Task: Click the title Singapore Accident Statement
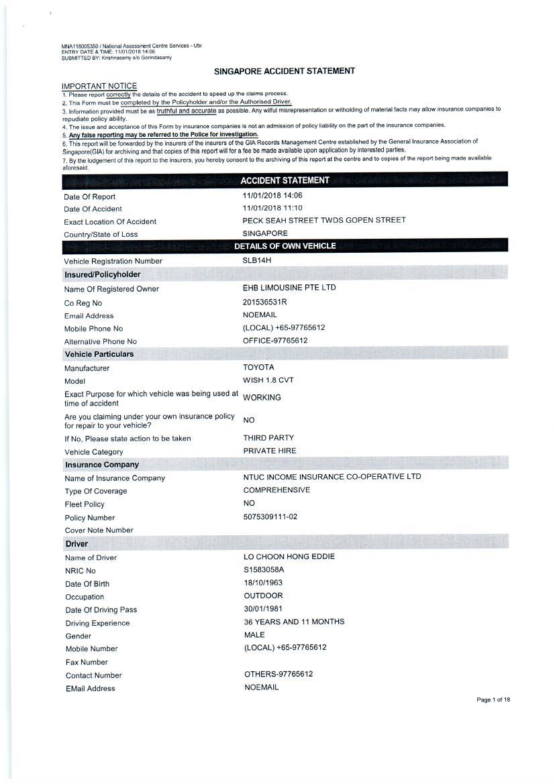tap(285, 71)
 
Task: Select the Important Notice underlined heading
tap(99, 86)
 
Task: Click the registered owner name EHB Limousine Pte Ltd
tap(289, 288)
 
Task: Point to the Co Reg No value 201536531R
tap(264, 302)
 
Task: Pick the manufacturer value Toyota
tap(258, 368)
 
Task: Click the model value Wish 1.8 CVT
tap(268, 380)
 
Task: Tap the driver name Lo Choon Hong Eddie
tap(289, 557)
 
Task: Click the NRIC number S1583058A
tap(264, 570)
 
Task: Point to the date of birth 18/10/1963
tap(263, 583)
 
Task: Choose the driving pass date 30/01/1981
tap(263, 609)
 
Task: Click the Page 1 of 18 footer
tap(493, 700)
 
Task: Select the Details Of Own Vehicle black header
tap(285, 246)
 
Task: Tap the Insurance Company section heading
tap(102, 464)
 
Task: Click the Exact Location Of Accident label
tap(110, 221)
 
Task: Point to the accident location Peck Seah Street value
tap(324, 220)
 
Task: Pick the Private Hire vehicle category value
tap(270, 451)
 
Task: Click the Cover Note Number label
tap(99, 530)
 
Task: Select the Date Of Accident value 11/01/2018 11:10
tap(272, 208)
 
